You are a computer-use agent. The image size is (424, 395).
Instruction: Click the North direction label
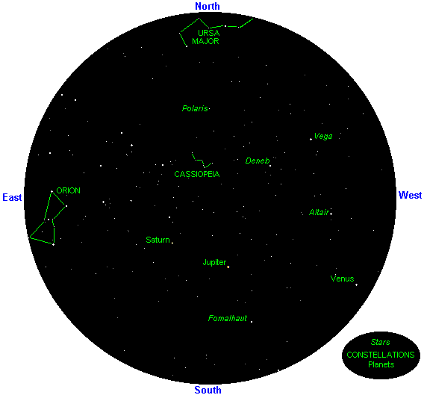208,6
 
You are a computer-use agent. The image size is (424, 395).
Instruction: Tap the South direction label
208,390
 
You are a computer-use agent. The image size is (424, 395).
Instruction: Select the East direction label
12,197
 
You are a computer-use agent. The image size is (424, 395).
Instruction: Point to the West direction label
410,195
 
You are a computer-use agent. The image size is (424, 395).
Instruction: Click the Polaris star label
195,108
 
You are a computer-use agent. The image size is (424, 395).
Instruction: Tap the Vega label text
323,136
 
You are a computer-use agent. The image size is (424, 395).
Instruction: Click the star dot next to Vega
311,140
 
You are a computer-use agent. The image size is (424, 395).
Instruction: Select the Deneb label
258,161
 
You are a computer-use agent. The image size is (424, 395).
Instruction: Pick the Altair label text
319,212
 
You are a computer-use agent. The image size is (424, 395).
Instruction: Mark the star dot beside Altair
331,214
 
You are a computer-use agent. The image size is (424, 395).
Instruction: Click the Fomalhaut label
228,318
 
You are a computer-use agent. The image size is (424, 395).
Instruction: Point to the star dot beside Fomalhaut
252,322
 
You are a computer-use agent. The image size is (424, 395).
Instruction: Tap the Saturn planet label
158,240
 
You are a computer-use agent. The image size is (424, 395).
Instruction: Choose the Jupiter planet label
214,262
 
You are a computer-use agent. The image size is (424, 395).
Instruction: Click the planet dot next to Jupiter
228,267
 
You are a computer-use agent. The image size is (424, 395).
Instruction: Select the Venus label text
342,279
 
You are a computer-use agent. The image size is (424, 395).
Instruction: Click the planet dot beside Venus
356,285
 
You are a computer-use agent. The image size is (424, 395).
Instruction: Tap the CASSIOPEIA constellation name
197,174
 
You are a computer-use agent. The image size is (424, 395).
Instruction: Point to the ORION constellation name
68,190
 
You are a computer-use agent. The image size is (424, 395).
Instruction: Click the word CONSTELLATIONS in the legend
381,355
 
